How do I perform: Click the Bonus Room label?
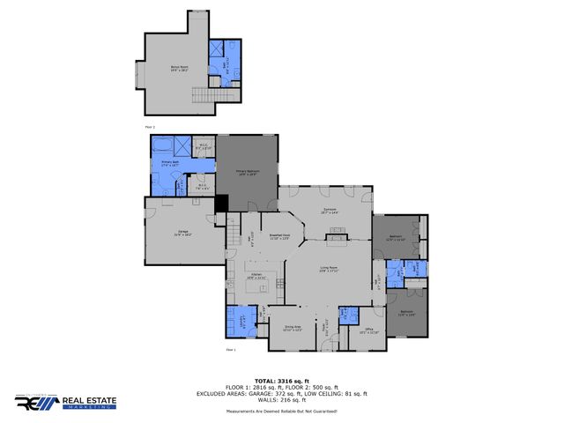point(180,67)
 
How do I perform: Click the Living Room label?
point(330,269)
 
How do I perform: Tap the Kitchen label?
point(256,276)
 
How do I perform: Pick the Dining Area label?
point(293,328)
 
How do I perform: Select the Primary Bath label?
point(170,164)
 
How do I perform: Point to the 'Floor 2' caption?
point(149,127)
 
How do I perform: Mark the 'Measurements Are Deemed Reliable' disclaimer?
point(282,412)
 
